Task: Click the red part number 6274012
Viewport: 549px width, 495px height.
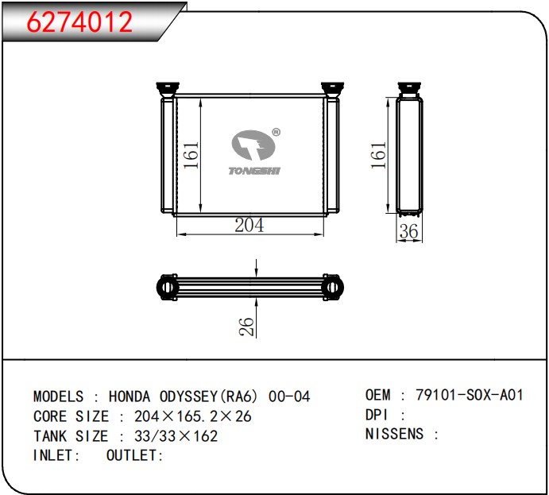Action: pyautogui.click(x=79, y=21)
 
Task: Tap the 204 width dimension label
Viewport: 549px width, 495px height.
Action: pyautogui.click(x=249, y=225)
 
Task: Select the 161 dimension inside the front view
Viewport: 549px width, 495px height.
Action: pyautogui.click(x=191, y=155)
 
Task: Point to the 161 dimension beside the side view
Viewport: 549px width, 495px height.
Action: pyautogui.click(x=378, y=155)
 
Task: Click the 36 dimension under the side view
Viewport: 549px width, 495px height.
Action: pyautogui.click(x=408, y=231)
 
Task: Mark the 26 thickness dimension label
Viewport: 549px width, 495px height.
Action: pyautogui.click(x=246, y=327)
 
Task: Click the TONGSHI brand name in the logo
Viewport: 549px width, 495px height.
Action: pyautogui.click(x=254, y=171)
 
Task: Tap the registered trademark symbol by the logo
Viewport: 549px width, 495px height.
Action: pyautogui.click(x=276, y=132)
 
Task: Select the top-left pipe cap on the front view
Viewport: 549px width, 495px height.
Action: pyautogui.click(x=168, y=89)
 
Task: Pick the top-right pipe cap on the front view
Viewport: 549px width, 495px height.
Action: pyautogui.click(x=332, y=89)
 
